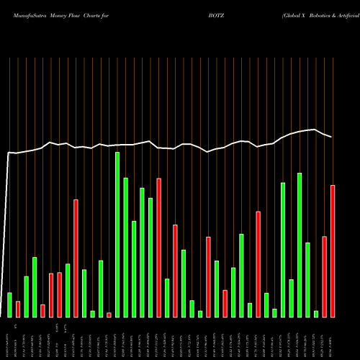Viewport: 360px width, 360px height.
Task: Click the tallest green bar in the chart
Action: (117, 234)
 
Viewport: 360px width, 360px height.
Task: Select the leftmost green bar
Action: (9, 305)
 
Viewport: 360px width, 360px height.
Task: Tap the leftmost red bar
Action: (18, 309)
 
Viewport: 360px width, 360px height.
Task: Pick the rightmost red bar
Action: (333, 251)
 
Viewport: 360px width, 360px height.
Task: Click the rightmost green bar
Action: (316, 313)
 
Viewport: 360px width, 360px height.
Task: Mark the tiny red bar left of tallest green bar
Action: (109, 315)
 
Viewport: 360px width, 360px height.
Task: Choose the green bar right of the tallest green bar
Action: (125, 247)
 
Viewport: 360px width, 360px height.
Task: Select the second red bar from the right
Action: (325, 276)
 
